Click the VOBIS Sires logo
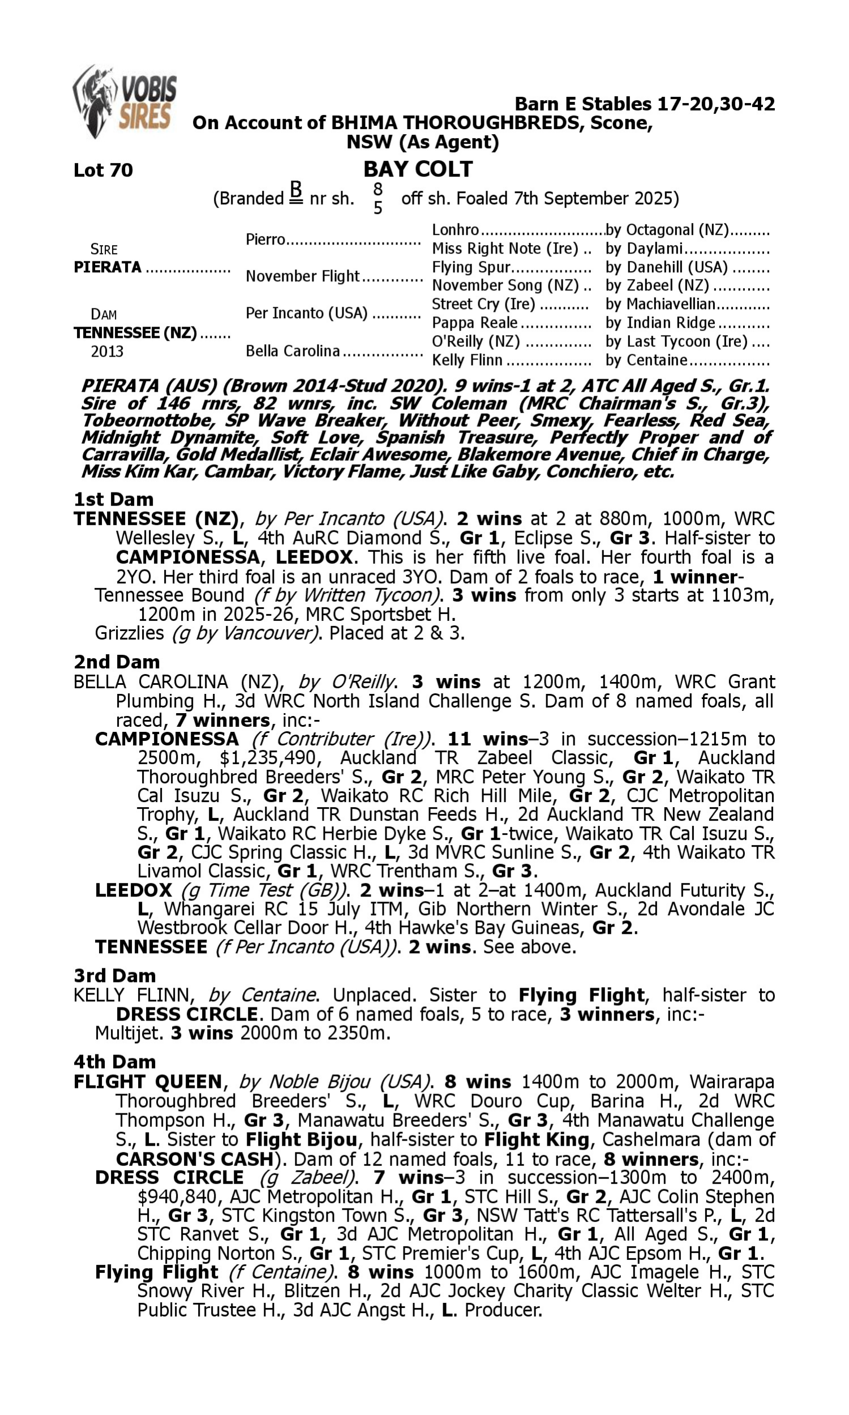[x=125, y=102]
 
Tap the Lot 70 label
[x=103, y=170]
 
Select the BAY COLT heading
[x=418, y=169]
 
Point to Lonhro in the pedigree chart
[x=455, y=230]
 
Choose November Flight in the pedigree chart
[x=302, y=276]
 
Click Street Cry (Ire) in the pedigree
[x=483, y=304]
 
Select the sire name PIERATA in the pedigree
[x=108, y=267]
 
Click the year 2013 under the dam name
[x=107, y=351]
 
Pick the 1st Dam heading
[x=113, y=499]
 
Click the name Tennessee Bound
[x=169, y=595]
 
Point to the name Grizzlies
[x=129, y=633]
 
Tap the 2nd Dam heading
[x=116, y=662]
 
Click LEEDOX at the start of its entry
[x=134, y=890]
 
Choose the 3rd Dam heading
[x=114, y=975]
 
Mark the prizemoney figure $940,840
[x=178, y=1197]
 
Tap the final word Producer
[x=503, y=1310]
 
